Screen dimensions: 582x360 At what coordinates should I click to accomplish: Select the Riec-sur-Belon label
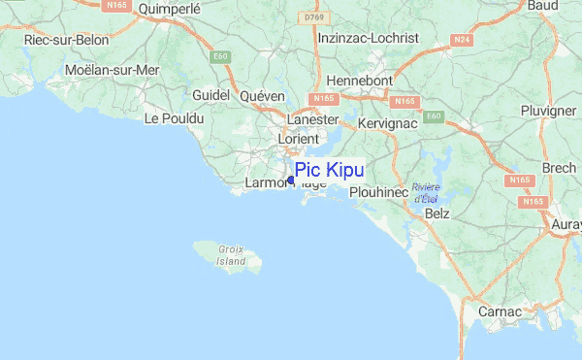tap(65, 41)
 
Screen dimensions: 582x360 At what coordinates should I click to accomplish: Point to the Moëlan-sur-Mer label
tap(111, 70)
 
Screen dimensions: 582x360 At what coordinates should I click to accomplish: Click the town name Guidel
tap(210, 95)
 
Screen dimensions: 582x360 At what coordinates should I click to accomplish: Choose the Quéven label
tap(263, 95)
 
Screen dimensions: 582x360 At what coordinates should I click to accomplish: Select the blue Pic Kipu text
tap(330, 170)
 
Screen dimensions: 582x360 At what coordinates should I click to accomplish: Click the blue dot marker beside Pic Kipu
tap(291, 180)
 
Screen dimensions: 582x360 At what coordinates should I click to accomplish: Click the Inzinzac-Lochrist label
tap(368, 38)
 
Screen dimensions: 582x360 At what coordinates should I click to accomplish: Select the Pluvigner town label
tap(548, 112)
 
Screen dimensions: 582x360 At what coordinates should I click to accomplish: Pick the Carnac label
tap(501, 312)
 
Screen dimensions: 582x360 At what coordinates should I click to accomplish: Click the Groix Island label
tap(231, 255)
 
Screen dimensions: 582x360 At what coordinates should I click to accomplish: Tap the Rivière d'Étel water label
tap(425, 193)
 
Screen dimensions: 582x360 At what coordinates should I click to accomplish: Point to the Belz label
tap(438, 212)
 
